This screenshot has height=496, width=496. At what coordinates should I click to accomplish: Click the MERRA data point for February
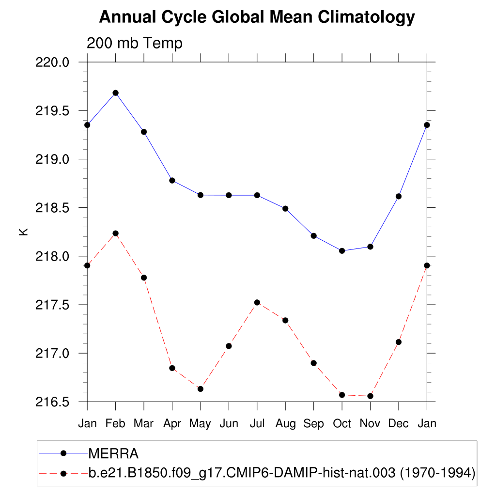click(x=115, y=93)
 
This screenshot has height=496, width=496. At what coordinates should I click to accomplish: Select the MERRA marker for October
click(x=342, y=250)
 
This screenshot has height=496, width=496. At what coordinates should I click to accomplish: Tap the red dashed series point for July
click(x=257, y=302)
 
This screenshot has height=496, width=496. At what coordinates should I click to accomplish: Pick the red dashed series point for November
click(x=370, y=396)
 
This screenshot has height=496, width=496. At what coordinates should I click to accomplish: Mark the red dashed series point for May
click(x=200, y=388)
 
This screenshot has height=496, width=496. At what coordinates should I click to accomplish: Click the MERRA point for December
click(x=399, y=196)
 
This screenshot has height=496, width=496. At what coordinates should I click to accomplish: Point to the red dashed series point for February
click(x=115, y=233)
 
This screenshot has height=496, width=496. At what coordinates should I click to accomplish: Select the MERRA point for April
click(x=172, y=180)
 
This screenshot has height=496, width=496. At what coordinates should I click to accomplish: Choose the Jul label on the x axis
click(x=257, y=423)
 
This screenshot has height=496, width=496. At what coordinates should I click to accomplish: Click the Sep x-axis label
click(x=313, y=423)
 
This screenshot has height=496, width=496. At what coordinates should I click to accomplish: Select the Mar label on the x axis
click(x=143, y=423)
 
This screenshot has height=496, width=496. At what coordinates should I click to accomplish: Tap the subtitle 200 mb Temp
click(x=134, y=43)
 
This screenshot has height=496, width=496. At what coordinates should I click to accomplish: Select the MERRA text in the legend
click(x=113, y=453)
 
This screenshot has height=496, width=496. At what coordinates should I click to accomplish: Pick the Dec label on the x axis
click(x=399, y=423)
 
